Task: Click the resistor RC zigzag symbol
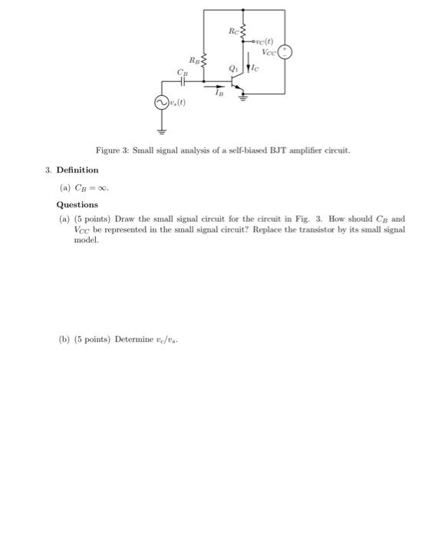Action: click(243, 31)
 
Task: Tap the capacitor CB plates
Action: click(182, 79)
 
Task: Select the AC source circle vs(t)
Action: click(162, 102)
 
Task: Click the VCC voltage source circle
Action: click(285, 52)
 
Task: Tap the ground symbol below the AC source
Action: click(162, 130)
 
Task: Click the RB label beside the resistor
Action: click(193, 59)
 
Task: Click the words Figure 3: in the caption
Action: click(112, 150)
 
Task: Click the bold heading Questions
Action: click(77, 205)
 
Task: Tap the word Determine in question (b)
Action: click(134, 339)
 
